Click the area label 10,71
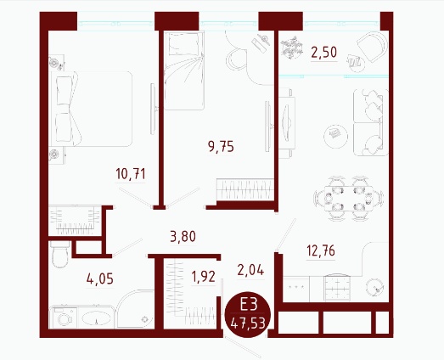[131, 174]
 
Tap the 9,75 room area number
[221, 147]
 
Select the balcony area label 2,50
[324, 53]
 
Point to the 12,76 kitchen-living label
[321, 250]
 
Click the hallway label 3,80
[183, 237]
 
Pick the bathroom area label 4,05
[100, 279]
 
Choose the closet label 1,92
[203, 277]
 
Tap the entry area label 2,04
[250, 270]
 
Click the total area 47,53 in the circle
[248, 323]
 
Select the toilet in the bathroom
[60, 254]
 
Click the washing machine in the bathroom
[63, 318]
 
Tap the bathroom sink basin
[96, 318]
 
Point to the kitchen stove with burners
[337, 287]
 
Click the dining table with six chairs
[349, 199]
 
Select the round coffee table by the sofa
[336, 137]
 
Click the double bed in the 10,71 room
[91, 109]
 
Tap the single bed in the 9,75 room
[184, 70]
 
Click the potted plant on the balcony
[292, 48]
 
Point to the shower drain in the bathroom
[144, 319]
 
